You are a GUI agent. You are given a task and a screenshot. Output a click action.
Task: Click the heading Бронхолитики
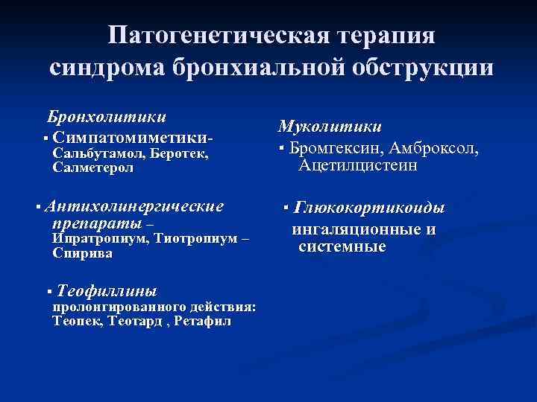(107, 117)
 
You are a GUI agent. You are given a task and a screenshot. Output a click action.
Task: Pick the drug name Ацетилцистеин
(358, 165)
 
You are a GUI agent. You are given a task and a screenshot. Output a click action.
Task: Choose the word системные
(342, 246)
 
